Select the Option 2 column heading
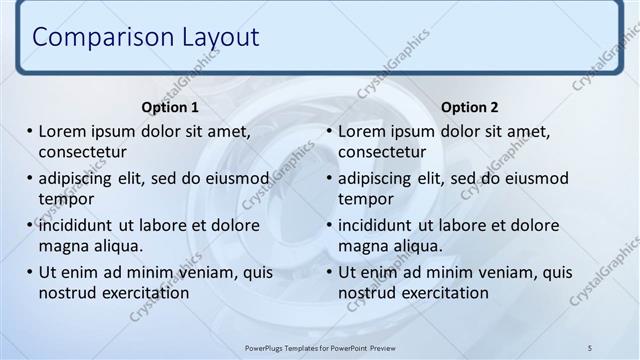pos(469,107)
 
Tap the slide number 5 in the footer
pos(589,346)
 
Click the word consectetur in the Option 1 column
pos(82,152)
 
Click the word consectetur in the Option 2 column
pos(382,152)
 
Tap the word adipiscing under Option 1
pos(80,179)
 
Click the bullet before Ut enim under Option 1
pos(30,272)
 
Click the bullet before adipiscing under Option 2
pos(330,179)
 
